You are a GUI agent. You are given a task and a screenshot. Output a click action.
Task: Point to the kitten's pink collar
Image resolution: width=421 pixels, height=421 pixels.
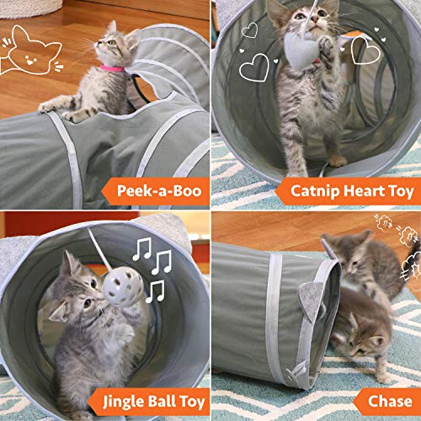112,67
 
